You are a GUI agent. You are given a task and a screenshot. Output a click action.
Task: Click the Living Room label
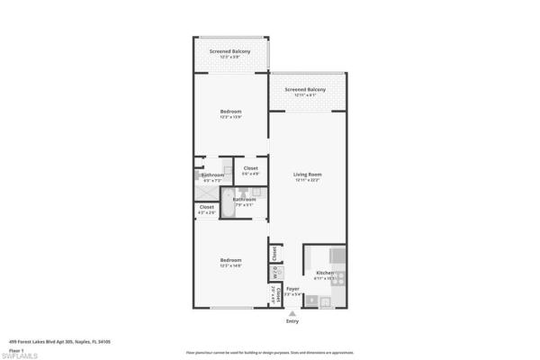click(x=308, y=174)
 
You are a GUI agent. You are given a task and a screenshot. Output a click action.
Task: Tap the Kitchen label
click(x=324, y=273)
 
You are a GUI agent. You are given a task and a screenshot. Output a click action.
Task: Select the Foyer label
click(x=292, y=289)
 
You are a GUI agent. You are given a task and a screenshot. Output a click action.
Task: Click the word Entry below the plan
click(x=292, y=321)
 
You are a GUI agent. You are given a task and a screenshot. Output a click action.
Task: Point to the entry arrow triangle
click(x=292, y=313)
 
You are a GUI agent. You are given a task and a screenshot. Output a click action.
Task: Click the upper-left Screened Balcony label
click(x=229, y=51)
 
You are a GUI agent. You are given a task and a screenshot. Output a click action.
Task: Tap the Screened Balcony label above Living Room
click(x=305, y=89)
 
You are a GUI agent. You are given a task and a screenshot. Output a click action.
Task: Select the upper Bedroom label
click(x=231, y=112)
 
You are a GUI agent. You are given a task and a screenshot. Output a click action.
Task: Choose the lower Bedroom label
click(x=231, y=260)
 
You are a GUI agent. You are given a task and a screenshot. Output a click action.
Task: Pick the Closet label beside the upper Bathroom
click(x=250, y=168)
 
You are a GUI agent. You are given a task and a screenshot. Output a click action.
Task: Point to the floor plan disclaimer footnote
click(x=270, y=351)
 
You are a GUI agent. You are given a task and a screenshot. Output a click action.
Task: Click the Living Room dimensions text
click(x=308, y=180)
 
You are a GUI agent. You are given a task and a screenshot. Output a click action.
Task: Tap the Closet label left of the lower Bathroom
click(x=207, y=207)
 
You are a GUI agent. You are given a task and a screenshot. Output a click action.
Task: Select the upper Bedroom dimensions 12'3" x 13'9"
click(x=231, y=118)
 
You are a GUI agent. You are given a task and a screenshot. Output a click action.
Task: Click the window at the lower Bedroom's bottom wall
click(x=231, y=310)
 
